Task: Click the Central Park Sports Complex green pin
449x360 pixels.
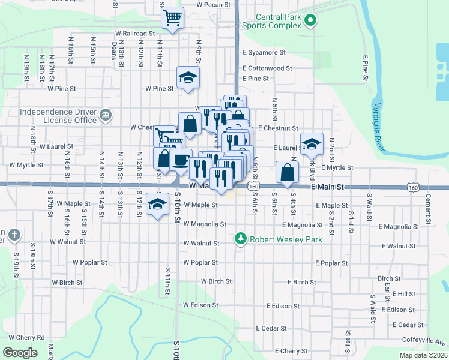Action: coord(310,22)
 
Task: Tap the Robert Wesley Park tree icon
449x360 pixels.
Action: coord(241,239)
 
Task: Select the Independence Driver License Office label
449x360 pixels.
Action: coord(58,116)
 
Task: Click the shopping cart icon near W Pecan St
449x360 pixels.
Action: coord(173,17)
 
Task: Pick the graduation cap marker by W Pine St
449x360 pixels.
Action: coord(188,77)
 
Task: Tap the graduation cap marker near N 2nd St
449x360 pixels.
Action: coord(312,143)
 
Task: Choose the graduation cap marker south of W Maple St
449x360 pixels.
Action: coord(158,205)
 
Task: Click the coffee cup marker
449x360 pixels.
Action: coord(181,160)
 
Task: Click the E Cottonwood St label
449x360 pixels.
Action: coord(267,68)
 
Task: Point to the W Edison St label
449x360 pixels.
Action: coord(200,305)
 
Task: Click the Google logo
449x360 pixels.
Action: coord(20,352)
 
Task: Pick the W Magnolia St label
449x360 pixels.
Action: coord(205,224)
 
